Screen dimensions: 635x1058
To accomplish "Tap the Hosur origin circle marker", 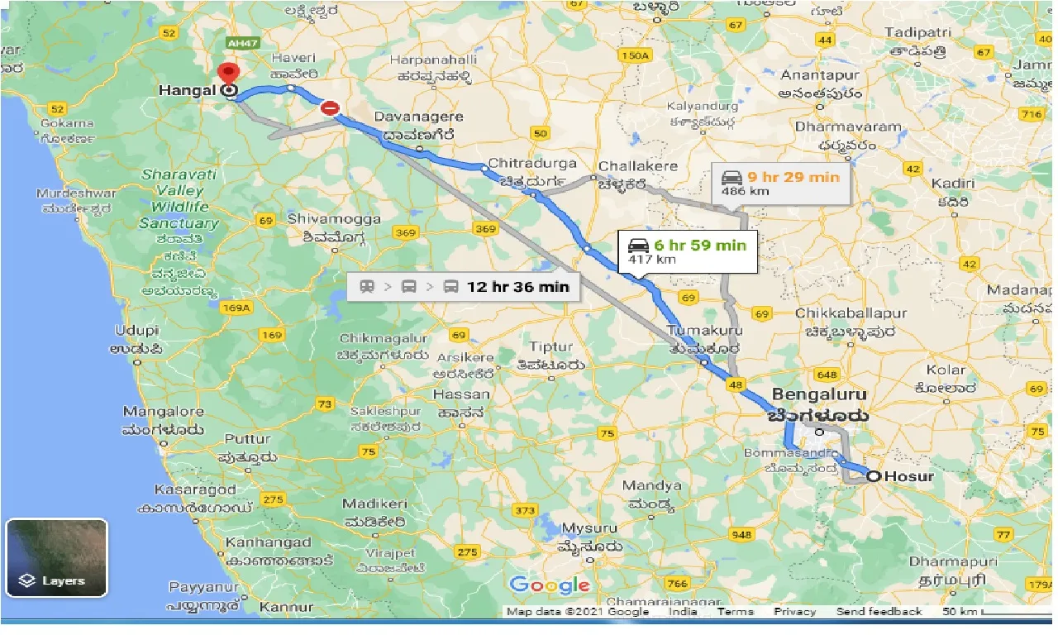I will (873, 475).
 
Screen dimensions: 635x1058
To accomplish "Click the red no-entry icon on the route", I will (330, 107).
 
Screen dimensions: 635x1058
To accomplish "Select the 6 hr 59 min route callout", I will (687, 251).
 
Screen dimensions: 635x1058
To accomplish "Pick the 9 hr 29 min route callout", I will (780, 184).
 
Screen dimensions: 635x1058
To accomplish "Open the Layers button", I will (56, 557).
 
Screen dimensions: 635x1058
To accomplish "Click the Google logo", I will (550, 585).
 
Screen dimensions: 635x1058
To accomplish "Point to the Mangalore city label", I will (163, 412).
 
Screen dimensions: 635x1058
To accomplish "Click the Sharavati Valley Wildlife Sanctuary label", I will (179, 198).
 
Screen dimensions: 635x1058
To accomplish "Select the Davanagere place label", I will (419, 117).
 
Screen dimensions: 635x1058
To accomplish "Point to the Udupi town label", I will (136, 330).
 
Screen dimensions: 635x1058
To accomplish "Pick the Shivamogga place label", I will (334, 219).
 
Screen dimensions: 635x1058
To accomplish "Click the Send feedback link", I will (879, 612).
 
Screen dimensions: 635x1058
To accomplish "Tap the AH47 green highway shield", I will (241, 41).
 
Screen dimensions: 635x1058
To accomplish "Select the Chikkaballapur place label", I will (851, 313).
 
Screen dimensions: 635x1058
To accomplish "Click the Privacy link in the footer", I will (794, 612).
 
